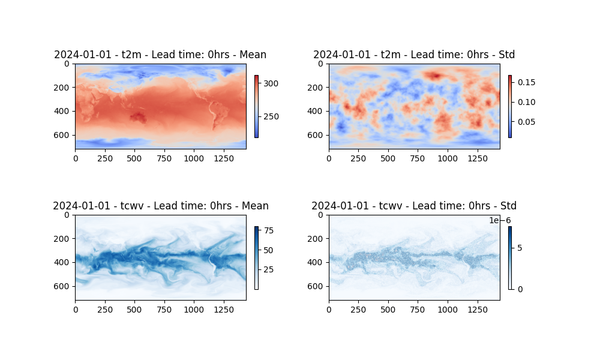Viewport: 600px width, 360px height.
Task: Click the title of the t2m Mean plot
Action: [160, 55]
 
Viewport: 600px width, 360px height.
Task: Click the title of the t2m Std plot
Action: [414, 55]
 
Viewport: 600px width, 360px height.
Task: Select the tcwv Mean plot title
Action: [160, 206]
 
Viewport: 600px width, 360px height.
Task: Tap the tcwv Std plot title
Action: [414, 206]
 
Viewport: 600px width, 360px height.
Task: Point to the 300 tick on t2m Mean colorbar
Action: [271, 84]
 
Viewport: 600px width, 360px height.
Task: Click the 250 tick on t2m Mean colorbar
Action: [271, 116]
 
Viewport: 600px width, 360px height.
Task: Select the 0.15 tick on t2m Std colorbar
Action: [526, 82]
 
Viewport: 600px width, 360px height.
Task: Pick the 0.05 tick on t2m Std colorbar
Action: [526, 122]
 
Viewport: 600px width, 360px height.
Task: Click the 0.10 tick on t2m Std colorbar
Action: [526, 102]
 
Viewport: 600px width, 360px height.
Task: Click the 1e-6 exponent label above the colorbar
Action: [500, 221]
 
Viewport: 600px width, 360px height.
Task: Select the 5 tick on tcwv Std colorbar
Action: [520, 248]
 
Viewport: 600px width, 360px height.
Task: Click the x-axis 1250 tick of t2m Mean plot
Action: [223, 158]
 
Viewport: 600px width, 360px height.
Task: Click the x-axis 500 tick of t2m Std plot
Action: [388, 158]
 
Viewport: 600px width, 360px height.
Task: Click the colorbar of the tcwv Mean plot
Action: [256, 258]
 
